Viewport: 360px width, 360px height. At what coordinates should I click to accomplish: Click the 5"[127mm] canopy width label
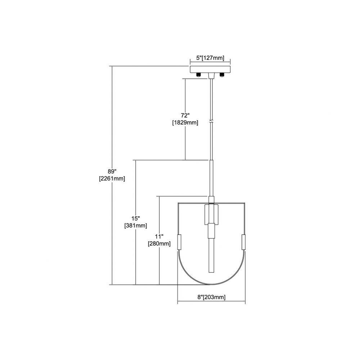210,58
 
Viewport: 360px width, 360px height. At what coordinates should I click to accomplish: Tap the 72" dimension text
185,115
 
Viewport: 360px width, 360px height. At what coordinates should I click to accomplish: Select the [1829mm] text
185,123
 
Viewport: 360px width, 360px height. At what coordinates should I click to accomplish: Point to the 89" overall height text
112,171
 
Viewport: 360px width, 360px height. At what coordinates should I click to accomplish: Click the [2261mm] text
112,179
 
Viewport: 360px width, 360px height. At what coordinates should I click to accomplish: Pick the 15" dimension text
136,218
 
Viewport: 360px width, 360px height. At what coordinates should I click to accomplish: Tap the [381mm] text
136,225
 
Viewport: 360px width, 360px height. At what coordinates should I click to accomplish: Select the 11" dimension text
159,236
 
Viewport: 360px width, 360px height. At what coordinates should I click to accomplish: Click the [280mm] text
159,244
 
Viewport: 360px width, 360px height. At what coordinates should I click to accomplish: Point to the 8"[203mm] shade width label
211,297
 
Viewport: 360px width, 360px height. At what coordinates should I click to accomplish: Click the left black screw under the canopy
198,75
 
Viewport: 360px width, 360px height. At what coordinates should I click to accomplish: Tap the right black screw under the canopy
222,75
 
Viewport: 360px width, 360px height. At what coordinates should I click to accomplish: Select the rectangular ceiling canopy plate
210,69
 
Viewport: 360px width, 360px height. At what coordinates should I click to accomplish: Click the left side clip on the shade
180,242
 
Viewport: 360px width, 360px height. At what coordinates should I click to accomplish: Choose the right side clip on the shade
243,242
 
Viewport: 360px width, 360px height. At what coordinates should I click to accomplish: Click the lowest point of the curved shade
211,285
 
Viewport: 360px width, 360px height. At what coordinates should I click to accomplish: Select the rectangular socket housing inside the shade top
211,215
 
